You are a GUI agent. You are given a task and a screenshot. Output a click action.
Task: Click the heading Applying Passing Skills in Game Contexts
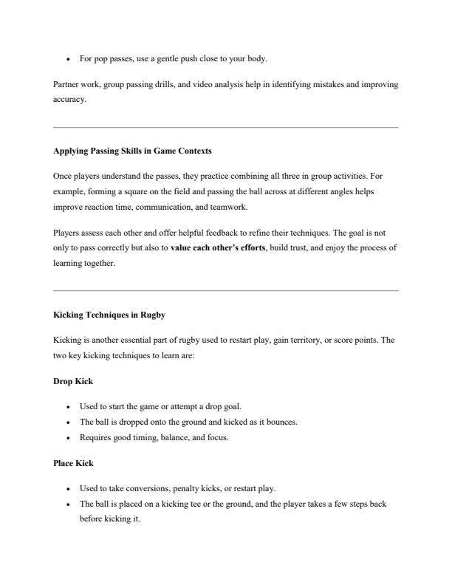pyautogui.click(x=132, y=151)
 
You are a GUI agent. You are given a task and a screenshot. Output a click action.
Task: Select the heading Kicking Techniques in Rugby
pyautogui.click(x=109, y=315)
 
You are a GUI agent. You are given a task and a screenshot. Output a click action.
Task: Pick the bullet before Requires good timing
pyautogui.click(x=68, y=438)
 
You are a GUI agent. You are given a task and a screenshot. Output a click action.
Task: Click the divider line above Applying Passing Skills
pyautogui.click(x=226, y=127)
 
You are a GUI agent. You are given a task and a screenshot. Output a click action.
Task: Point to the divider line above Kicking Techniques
pyautogui.click(x=226, y=291)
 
